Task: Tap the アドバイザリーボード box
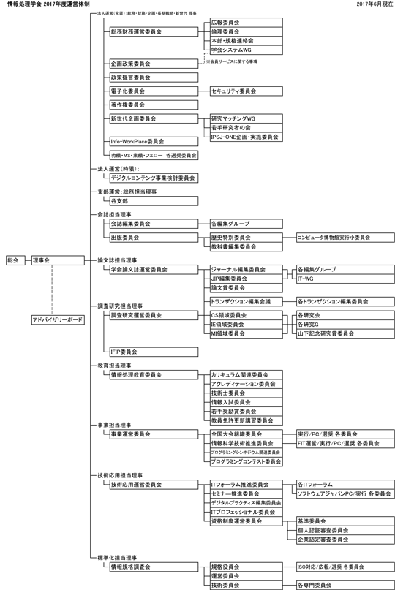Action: click(57, 320)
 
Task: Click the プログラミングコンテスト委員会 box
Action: click(244, 461)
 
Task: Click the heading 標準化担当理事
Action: click(117, 558)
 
